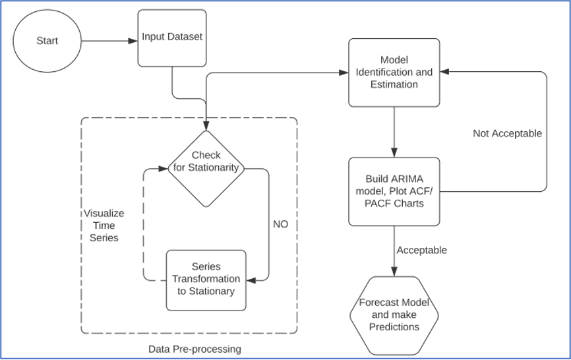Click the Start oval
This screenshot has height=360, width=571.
click(47, 41)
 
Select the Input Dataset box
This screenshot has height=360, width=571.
click(171, 38)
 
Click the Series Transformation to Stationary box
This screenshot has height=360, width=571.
click(206, 280)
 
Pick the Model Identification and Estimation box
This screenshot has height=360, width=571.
click(394, 73)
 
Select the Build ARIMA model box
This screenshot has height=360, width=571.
click(394, 191)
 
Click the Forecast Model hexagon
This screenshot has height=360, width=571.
click(394, 315)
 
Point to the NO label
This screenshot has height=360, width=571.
click(280, 224)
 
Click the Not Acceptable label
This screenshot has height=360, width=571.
click(507, 133)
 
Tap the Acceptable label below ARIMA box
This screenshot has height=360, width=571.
click(421, 250)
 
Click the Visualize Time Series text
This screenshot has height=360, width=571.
click(104, 225)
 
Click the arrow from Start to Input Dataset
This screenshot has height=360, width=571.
click(109, 41)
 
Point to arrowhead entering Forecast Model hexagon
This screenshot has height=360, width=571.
click(394, 272)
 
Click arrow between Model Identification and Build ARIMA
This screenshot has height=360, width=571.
click(394, 132)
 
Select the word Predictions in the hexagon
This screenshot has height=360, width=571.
click(394, 327)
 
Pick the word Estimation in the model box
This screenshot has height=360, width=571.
click(394, 84)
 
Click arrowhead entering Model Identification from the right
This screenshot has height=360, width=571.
click(445, 72)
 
